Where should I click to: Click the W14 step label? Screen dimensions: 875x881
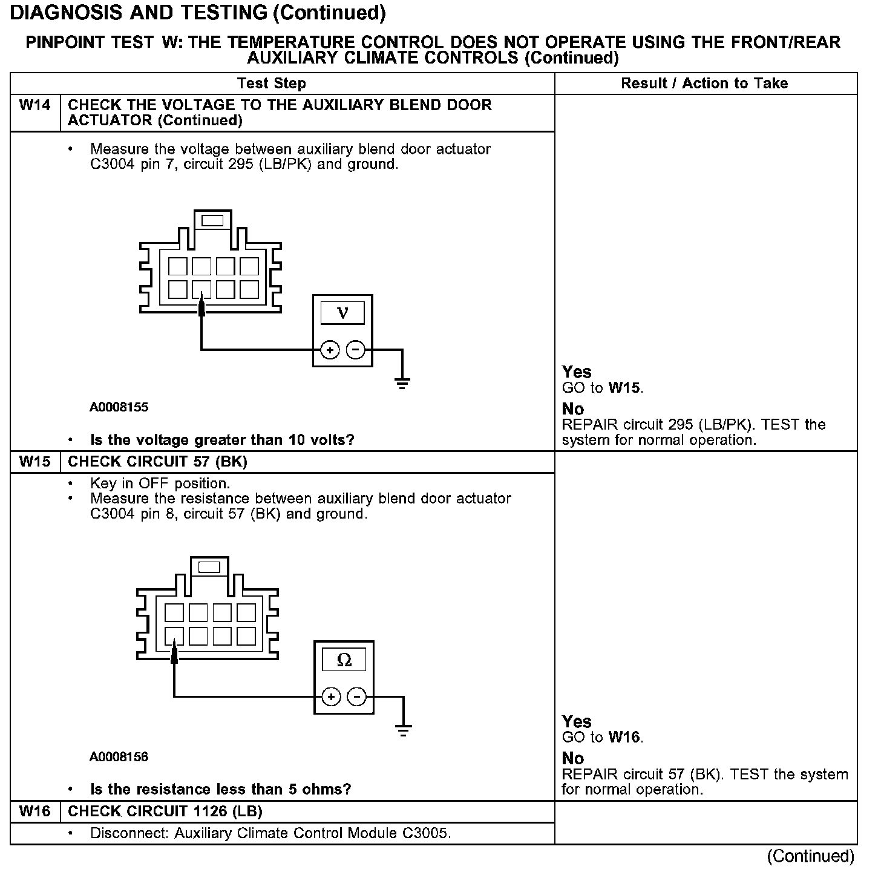click(x=34, y=105)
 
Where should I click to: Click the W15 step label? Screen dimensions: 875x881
click(x=34, y=462)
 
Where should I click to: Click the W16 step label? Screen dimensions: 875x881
click(x=34, y=811)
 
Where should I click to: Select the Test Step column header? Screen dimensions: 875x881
click(x=271, y=84)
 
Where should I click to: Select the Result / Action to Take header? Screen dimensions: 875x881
click(x=704, y=84)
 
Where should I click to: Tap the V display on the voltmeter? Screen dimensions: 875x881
click(x=342, y=313)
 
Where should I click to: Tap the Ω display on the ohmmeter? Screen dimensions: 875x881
click(x=344, y=660)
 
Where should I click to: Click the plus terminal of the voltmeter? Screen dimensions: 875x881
click(x=330, y=350)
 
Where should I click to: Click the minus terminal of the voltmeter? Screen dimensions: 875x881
click(x=356, y=350)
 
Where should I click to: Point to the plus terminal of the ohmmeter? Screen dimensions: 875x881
click(x=331, y=697)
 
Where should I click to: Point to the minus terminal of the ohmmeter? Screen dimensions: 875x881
click(x=357, y=697)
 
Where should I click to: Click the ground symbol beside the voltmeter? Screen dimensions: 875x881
click(x=402, y=382)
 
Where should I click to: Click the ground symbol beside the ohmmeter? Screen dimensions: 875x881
click(x=403, y=729)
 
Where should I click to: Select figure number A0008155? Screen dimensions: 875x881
click(x=119, y=407)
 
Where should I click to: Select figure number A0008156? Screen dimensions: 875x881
click(x=119, y=757)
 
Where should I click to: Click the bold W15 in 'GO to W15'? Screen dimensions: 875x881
click(x=625, y=388)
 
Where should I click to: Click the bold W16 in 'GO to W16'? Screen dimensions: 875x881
click(x=625, y=738)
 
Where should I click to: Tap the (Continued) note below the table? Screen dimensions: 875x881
click(x=810, y=856)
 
